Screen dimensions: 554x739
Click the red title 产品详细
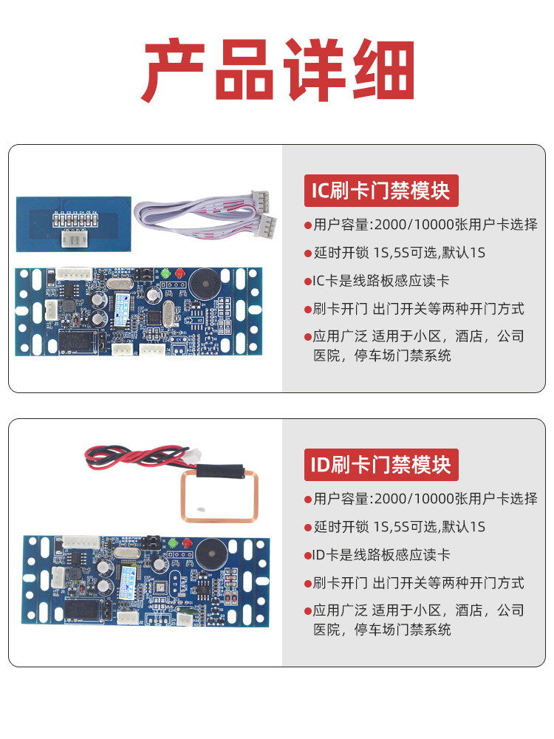click(x=278, y=69)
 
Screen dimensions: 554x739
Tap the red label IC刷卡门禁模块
click(x=381, y=191)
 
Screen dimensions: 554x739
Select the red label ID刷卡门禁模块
click(x=381, y=465)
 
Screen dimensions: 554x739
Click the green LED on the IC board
click(x=165, y=273)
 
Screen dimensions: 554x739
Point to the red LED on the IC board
click(x=179, y=273)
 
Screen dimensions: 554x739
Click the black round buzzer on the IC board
click(x=205, y=283)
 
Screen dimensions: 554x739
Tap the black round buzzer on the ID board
click(x=212, y=554)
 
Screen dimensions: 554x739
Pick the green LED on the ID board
click(x=173, y=543)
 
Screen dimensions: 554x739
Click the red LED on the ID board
click(x=187, y=543)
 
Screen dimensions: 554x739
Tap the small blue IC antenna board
click(x=73, y=225)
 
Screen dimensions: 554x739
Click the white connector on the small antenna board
click(x=74, y=239)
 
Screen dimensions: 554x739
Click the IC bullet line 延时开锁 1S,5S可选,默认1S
click(x=399, y=253)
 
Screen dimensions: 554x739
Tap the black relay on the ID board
click(x=83, y=610)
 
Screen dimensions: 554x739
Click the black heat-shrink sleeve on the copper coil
click(x=220, y=471)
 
